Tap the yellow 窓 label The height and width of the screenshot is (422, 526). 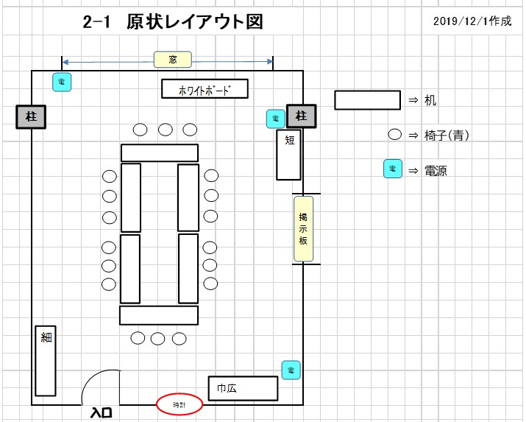click(x=173, y=60)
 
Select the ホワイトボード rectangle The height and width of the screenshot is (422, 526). click(x=205, y=89)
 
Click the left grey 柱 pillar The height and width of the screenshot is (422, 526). click(x=32, y=116)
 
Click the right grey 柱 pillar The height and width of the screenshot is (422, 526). click(x=301, y=116)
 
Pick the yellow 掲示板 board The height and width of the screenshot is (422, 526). click(x=303, y=228)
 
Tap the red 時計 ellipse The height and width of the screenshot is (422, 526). click(x=180, y=404)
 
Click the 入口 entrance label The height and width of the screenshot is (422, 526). click(x=101, y=412)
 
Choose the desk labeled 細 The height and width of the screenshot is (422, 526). click(x=46, y=361)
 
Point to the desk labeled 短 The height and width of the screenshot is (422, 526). click(x=288, y=155)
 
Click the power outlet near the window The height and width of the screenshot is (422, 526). click(x=62, y=82)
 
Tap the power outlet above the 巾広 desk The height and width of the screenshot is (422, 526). click(x=291, y=369)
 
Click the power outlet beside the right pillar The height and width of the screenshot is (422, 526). click(x=275, y=117)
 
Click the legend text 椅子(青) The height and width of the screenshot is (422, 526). click(x=448, y=135)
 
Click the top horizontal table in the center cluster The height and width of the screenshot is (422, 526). click(x=160, y=152)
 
